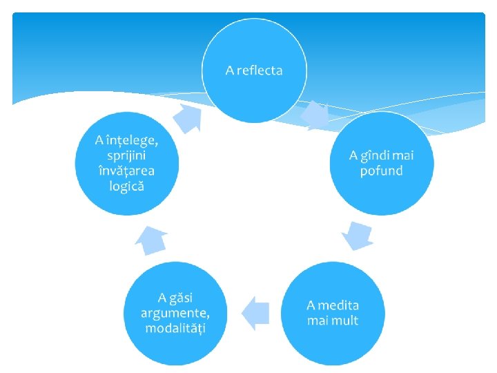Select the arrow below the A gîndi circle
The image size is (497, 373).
[x=358, y=235]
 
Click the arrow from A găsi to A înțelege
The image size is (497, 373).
[x=150, y=241]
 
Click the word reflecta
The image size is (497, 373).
[x=260, y=70]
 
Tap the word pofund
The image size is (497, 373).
[x=381, y=170]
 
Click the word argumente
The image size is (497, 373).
[x=175, y=312]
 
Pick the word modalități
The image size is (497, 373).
[x=175, y=327]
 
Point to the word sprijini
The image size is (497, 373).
[x=127, y=155]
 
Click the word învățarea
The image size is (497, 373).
[x=127, y=171]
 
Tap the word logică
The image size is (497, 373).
[x=127, y=186]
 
